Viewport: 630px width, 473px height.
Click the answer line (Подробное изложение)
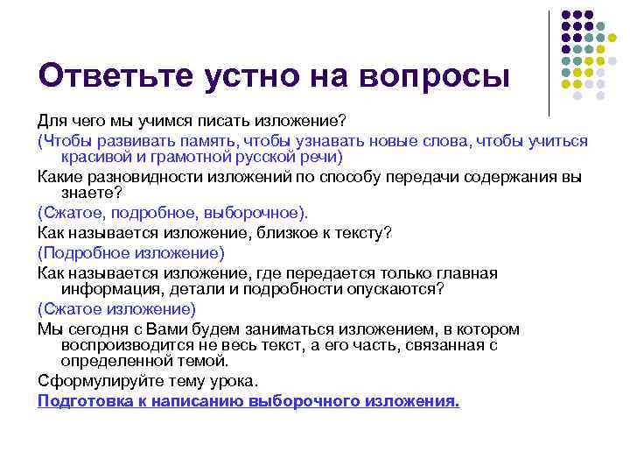pyautogui.click(x=131, y=252)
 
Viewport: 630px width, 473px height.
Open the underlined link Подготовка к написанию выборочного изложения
pyautogui.click(x=248, y=400)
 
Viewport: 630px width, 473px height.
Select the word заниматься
pyautogui.click(x=254, y=329)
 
